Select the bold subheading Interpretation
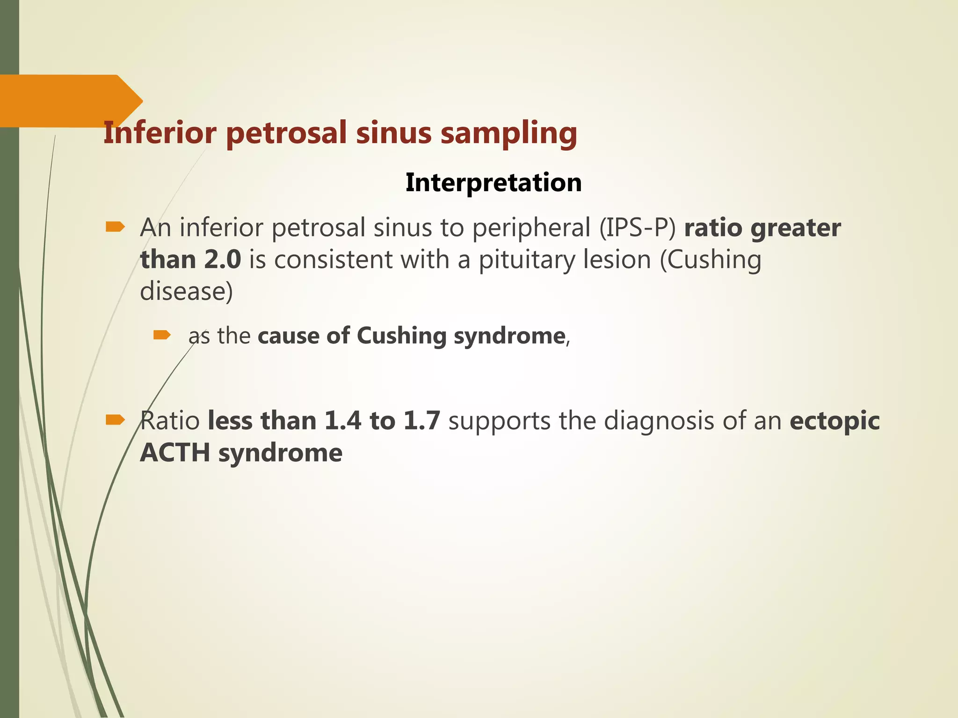(x=494, y=182)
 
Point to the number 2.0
(x=223, y=259)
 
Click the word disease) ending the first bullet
(x=186, y=292)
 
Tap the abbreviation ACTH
(x=175, y=452)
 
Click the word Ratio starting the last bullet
(x=170, y=421)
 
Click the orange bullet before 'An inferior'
(x=115, y=227)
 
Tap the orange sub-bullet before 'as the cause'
(x=162, y=335)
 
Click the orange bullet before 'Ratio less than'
(x=115, y=420)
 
